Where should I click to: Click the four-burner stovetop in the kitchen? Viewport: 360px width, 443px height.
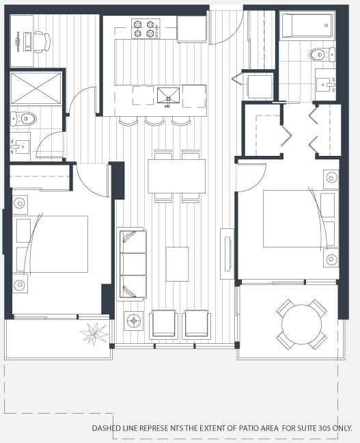tap(146, 29)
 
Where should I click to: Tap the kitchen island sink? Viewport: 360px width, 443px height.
tap(168, 96)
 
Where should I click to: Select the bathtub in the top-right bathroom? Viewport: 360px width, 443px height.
tap(307, 25)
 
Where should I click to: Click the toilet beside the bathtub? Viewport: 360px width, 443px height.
tap(322, 54)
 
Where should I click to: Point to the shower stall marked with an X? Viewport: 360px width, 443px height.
tap(36, 88)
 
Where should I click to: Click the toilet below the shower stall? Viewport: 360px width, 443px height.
tap(23, 119)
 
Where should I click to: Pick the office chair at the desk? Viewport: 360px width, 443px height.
tap(42, 42)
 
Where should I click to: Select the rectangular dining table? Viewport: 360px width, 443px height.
tap(177, 176)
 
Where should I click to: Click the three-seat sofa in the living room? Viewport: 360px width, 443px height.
tap(133, 264)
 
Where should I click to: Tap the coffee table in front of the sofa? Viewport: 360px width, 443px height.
tap(177, 264)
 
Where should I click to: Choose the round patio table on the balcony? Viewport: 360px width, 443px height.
tap(301, 324)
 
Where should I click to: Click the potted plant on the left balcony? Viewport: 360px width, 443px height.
tap(94, 334)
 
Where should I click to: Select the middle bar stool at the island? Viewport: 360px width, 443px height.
tap(154, 121)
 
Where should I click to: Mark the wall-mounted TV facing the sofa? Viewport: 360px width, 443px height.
tap(227, 254)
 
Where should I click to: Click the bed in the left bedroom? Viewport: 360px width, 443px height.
tap(52, 244)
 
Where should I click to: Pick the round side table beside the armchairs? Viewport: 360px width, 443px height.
tap(134, 321)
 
